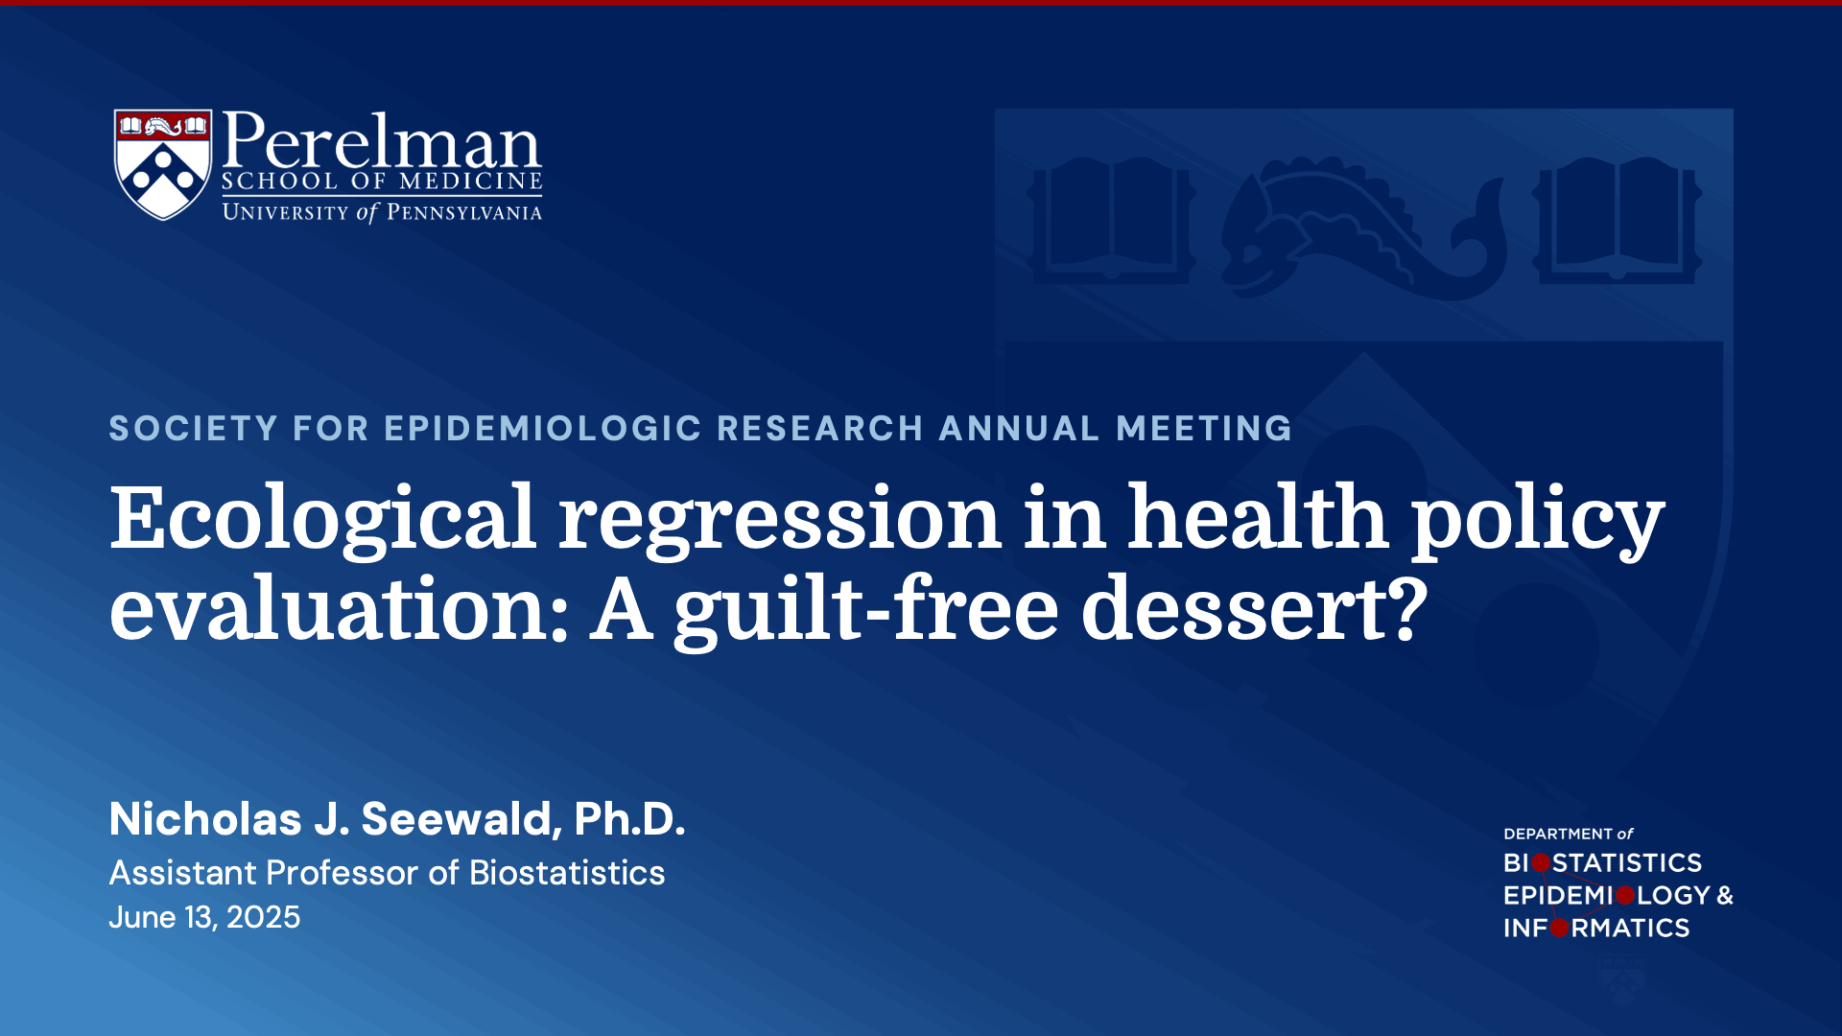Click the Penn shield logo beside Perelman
[x=162, y=163]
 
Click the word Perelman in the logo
[x=381, y=141]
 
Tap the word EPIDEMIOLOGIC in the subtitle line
[x=543, y=428]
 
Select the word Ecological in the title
[x=322, y=518]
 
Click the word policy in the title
[x=1537, y=518]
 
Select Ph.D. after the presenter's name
[x=629, y=818]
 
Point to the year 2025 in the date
[x=263, y=917]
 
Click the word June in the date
[x=142, y=917]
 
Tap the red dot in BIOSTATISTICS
[x=1541, y=863]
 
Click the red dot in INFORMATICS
[x=1560, y=928]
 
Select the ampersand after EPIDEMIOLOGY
[x=1724, y=895]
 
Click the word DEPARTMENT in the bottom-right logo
[x=1557, y=834]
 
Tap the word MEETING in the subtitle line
[x=1204, y=428]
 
